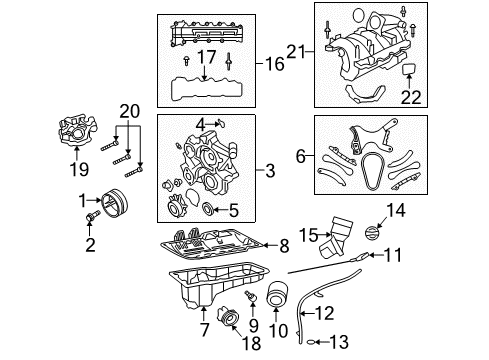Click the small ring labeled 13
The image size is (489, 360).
tap(314, 341)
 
